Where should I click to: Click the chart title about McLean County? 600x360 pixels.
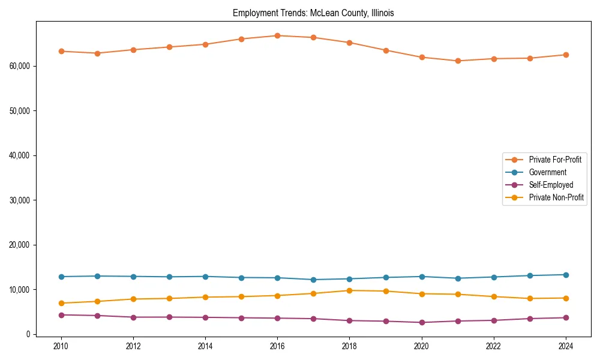pos(313,13)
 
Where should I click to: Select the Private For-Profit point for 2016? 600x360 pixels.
pos(277,35)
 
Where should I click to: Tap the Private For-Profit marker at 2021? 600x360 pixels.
pos(458,61)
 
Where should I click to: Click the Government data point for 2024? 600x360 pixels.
pos(566,275)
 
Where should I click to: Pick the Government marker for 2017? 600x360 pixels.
pos(313,280)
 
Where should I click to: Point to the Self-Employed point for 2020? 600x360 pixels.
pos(422,322)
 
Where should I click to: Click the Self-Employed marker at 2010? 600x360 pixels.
pos(61,315)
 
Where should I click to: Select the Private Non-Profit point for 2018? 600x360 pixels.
pos(349,290)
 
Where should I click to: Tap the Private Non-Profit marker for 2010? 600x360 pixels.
pos(61,303)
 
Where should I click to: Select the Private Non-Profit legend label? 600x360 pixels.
pos(556,197)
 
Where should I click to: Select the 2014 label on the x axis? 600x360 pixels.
pos(205,346)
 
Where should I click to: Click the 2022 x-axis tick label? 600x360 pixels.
pos(494,346)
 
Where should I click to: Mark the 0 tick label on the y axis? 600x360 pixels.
pos(28,334)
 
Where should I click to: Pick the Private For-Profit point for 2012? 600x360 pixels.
pos(133,50)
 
